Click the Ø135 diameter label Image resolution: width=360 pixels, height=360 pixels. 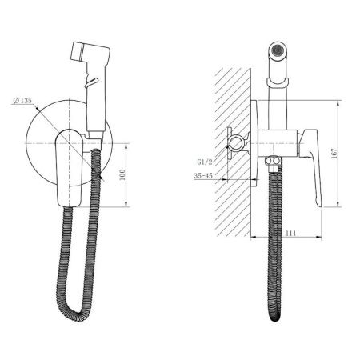tap(22, 101)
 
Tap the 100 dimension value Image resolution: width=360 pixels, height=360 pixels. tap(122, 174)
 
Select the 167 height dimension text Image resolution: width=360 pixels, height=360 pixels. tap(334, 154)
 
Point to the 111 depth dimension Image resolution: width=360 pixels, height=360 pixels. tap(290, 233)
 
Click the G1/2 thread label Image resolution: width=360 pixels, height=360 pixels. tap(205, 162)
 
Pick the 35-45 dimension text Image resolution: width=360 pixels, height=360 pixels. tap(203, 175)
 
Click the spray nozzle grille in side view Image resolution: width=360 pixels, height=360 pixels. tap(278, 50)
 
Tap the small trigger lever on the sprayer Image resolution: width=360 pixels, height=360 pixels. tap(91, 82)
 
